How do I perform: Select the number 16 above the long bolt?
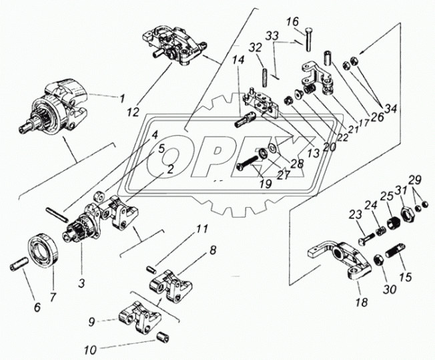pos(293,22)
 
